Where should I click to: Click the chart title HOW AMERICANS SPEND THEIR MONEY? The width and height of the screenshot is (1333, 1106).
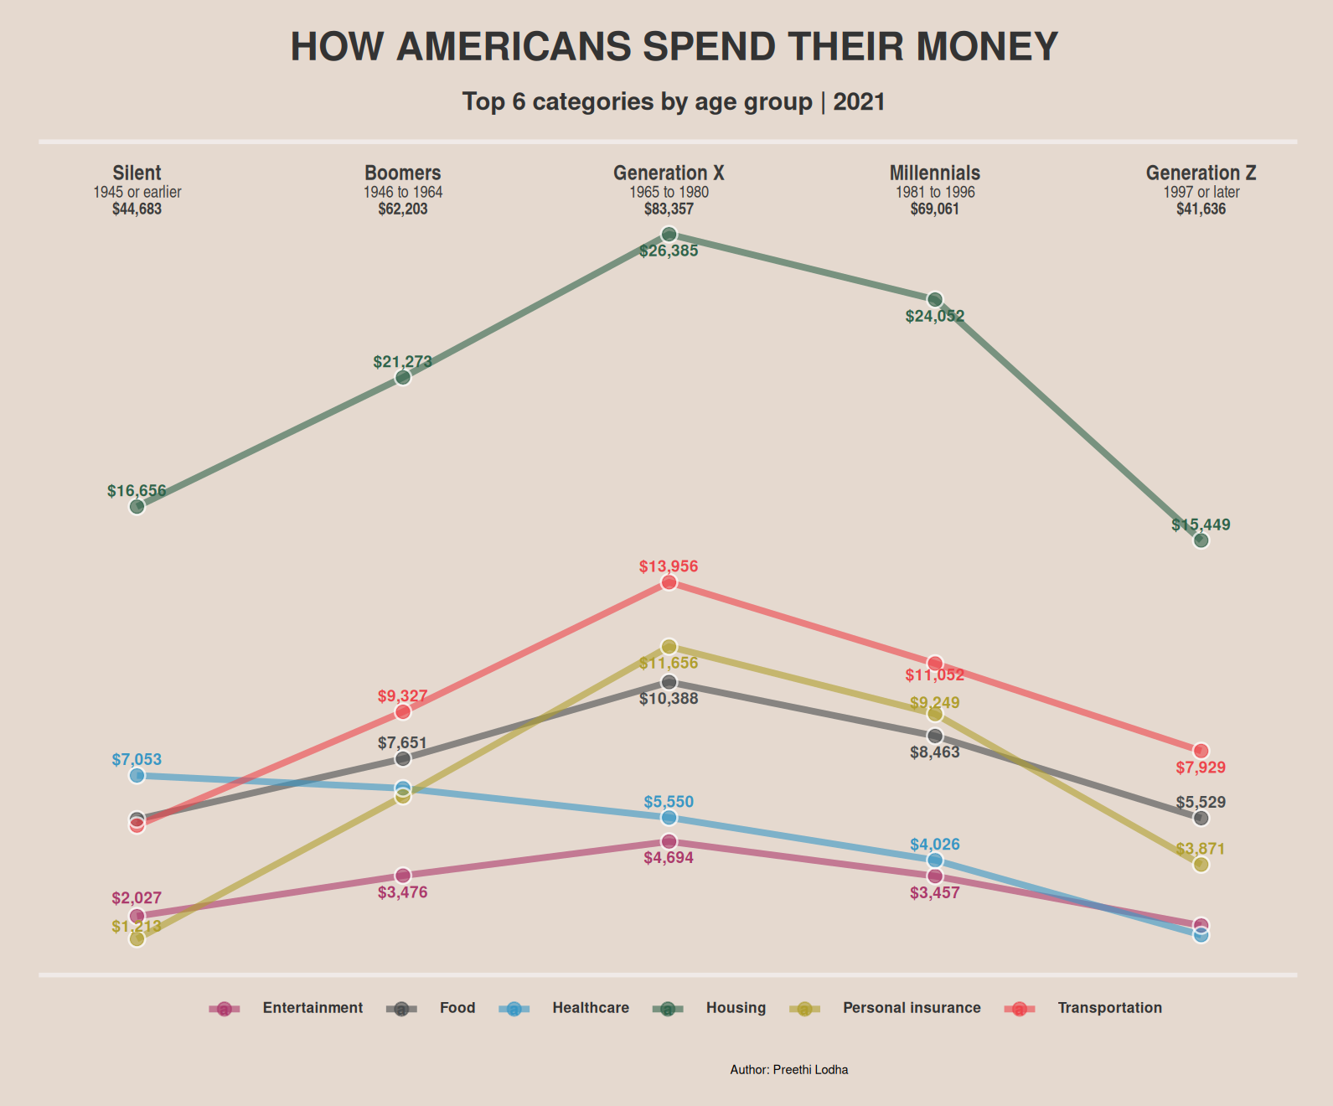tap(674, 47)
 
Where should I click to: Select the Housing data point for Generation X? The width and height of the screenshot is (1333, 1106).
tap(669, 235)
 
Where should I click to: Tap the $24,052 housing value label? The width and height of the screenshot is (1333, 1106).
tap(935, 317)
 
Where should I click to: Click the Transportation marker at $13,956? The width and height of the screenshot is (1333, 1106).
tap(669, 582)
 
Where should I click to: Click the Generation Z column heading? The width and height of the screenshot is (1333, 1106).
tap(1201, 173)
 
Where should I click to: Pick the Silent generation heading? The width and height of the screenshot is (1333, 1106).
tap(137, 173)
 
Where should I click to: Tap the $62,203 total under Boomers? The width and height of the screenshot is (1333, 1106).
tap(402, 209)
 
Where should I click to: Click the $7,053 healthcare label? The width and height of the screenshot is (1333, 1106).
tap(137, 760)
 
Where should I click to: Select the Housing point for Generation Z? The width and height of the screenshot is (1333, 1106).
tap(1201, 540)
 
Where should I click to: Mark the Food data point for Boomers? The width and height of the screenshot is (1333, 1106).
tap(403, 758)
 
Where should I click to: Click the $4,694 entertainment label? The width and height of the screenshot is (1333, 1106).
tap(669, 858)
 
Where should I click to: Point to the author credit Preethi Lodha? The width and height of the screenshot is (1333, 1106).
tap(788, 1070)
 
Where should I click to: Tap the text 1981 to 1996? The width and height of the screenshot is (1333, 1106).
tap(935, 193)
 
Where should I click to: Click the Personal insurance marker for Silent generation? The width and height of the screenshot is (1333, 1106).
tap(137, 939)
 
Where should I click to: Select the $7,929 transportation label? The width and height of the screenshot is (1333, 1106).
tap(1201, 767)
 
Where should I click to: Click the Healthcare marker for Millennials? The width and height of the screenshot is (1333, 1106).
tap(935, 861)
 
